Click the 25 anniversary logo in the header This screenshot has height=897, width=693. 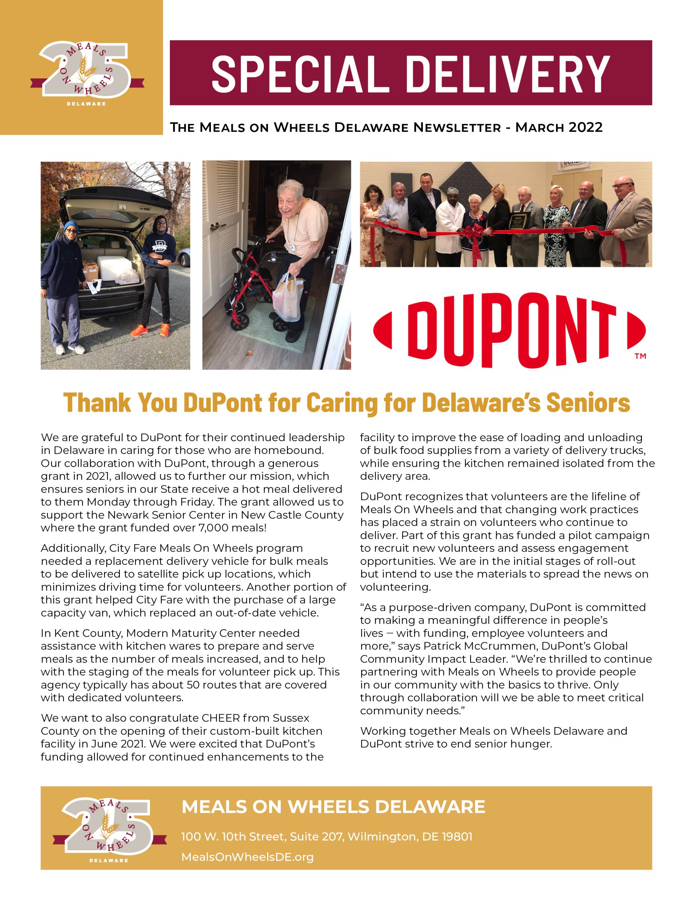87,70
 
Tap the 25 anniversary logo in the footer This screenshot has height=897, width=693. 109,826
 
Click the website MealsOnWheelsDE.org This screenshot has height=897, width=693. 247,857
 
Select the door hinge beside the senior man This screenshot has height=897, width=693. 339,275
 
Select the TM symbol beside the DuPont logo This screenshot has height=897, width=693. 640,356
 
